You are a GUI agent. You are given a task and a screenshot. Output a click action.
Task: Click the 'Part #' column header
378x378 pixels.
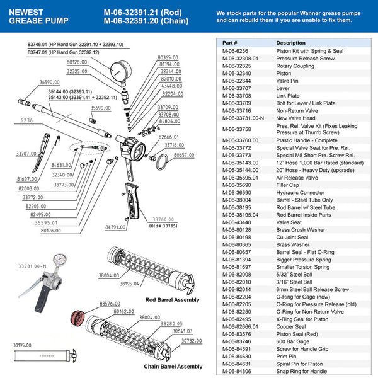(231, 43)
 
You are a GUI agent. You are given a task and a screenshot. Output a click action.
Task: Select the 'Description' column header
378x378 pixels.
(291, 43)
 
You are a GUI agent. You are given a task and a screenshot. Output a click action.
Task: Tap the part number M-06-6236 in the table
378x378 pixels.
(236, 51)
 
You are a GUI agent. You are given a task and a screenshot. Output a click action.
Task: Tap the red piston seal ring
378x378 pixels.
(83, 315)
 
